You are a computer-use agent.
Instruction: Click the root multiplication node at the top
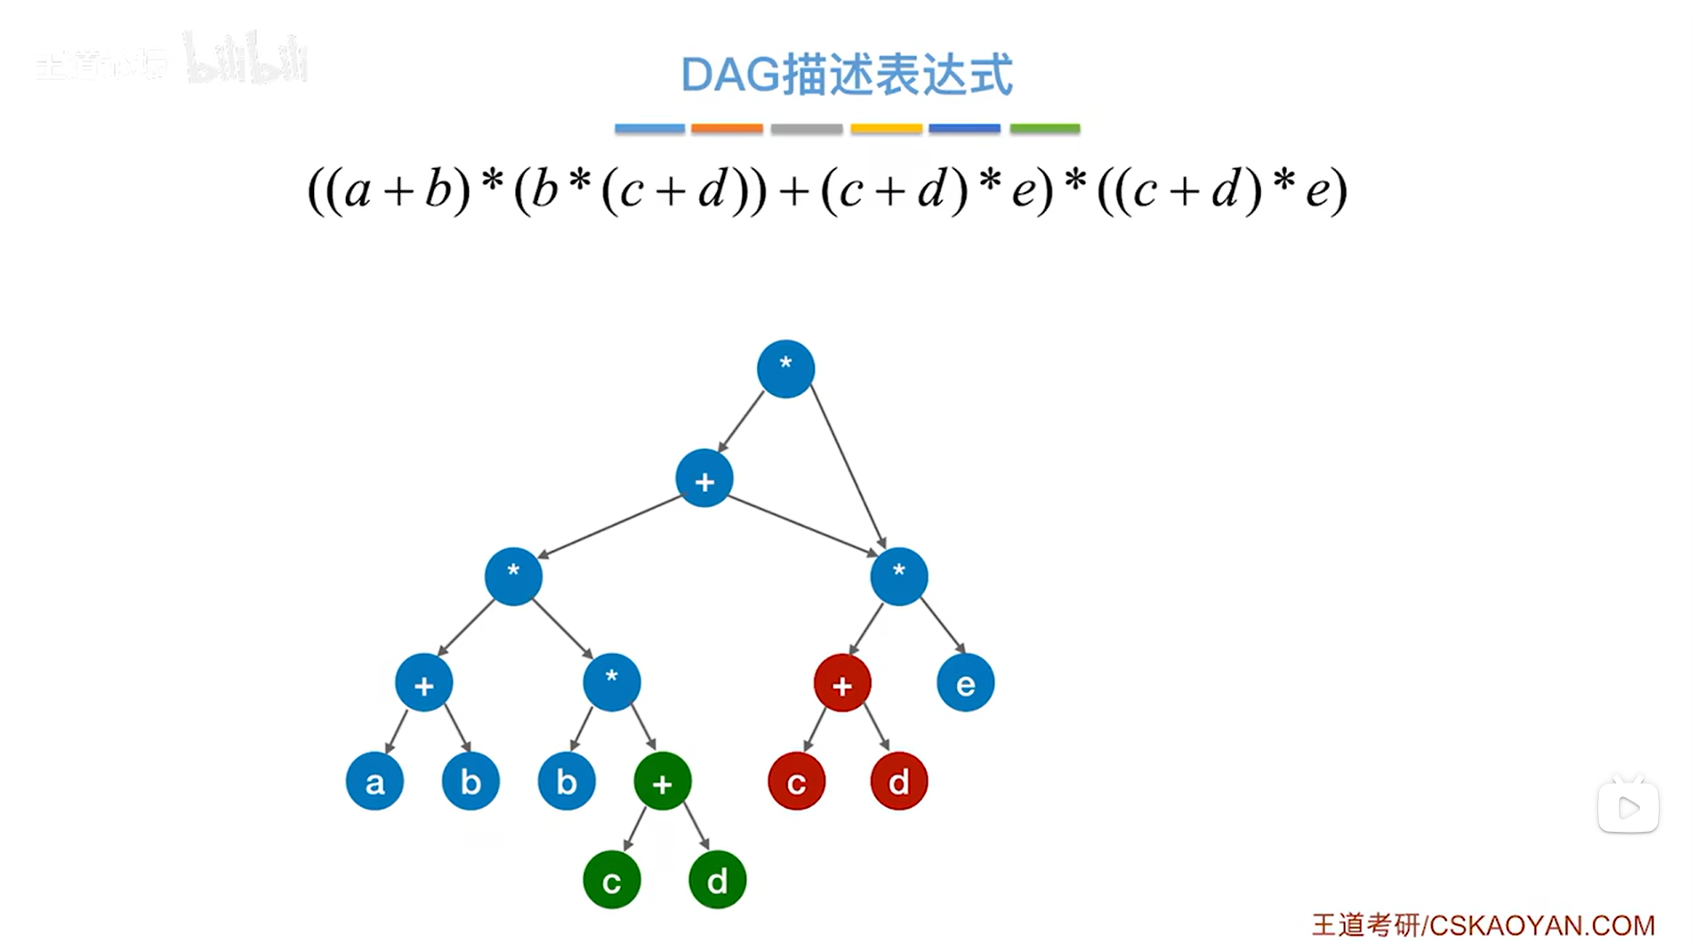[785, 368]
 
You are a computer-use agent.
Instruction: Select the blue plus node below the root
[704, 479]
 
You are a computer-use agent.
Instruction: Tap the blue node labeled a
[374, 781]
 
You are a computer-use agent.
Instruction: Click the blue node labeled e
[965, 683]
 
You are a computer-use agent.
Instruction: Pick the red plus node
[841, 683]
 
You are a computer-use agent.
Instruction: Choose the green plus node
[662, 781]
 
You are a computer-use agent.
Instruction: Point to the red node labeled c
[796, 781]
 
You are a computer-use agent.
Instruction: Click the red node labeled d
[898, 781]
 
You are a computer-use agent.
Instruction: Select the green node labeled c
[611, 880]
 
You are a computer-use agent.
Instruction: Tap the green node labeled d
[717, 880]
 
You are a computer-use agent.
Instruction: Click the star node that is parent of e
[898, 576]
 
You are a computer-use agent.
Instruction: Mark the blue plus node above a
[423, 683]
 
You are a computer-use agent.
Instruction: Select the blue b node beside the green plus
[566, 781]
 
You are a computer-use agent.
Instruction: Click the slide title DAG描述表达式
[847, 75]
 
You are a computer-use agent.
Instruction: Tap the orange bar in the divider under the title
[727, 129]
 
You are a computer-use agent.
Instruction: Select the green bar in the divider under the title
[1044, 129]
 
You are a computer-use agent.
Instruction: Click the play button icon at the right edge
[1628, 807]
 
